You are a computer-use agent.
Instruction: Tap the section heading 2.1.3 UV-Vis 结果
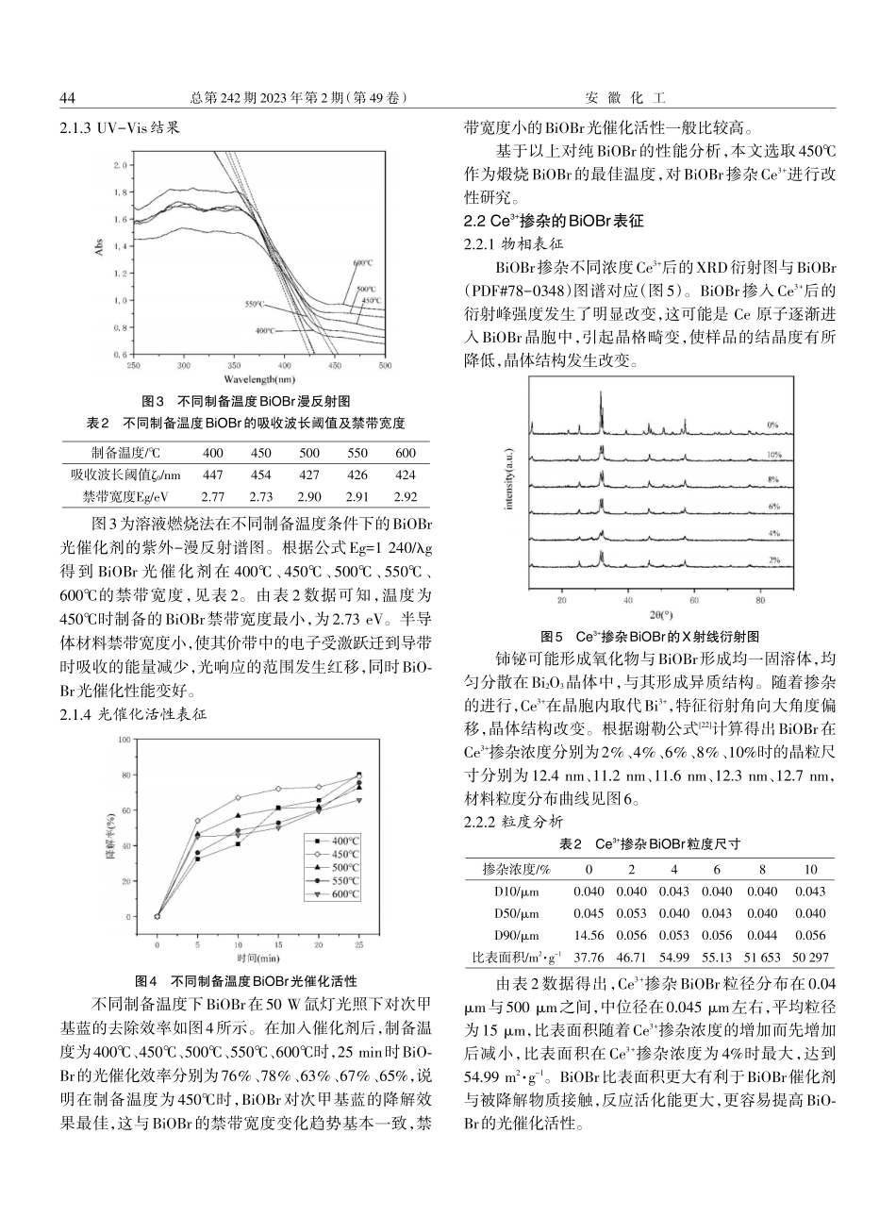(119, 125)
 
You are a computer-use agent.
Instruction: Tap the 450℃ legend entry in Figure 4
(337, 853)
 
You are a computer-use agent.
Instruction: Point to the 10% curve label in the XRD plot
(773, 454)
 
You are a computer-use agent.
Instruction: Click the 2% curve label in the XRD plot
(773, 559)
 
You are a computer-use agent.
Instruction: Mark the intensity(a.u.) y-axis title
(509, 491)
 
